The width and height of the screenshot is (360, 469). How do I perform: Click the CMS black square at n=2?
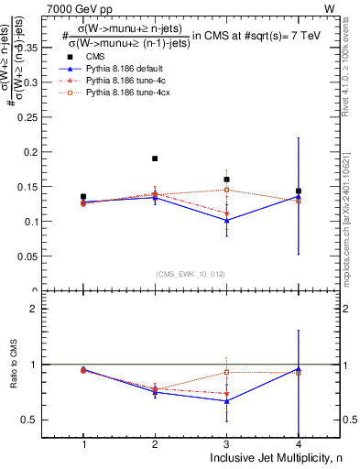pos(155,158)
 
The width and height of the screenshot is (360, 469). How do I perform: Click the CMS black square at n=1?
pos(83,196)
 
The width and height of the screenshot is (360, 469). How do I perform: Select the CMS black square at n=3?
pos(226,180)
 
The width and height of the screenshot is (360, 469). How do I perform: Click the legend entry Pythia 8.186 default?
pos(126,68)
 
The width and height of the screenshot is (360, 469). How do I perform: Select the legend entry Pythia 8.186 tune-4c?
pos(126,81)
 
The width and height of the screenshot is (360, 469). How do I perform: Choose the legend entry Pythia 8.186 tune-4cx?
pos(128,93)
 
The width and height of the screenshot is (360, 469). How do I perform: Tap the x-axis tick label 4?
pos(298,443)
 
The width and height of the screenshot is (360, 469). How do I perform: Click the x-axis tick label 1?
pos(83,443)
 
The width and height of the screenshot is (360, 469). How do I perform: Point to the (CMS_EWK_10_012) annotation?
pos(191,273)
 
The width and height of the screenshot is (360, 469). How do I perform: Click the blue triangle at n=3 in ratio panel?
pos(226,400)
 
